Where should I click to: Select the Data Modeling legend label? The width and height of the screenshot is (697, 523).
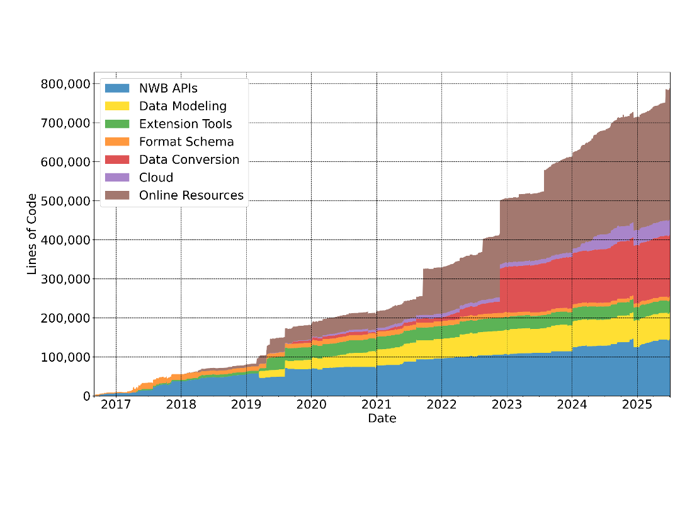[x=183, y=106]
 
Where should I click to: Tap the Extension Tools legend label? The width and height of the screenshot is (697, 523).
[x=185, y=124]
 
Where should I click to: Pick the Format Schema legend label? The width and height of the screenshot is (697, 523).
[x=186, y=142]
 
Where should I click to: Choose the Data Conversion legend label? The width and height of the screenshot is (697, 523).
[x=189, y=159]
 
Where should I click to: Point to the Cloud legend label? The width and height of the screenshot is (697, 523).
[x=156, y=178]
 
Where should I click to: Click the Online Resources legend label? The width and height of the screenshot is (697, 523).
[x=191, y=195]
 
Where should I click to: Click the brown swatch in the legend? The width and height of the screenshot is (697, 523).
[x=117, y=195]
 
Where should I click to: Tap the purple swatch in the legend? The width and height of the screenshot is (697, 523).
[x=117, y=178]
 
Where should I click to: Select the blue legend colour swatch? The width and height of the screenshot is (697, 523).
[x=117, y=88]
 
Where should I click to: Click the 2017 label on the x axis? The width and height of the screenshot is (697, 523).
[x=116, y=404]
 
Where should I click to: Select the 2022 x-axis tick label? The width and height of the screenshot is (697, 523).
[x=441, y=404]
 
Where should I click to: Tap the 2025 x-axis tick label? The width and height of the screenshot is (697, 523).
[x=637, y=404]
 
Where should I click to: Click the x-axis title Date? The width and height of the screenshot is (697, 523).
[x=382, y=418]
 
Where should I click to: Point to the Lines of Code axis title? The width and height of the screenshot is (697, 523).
[x=32, y=234]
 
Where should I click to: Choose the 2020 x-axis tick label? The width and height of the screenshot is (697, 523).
[x=311, y=404]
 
